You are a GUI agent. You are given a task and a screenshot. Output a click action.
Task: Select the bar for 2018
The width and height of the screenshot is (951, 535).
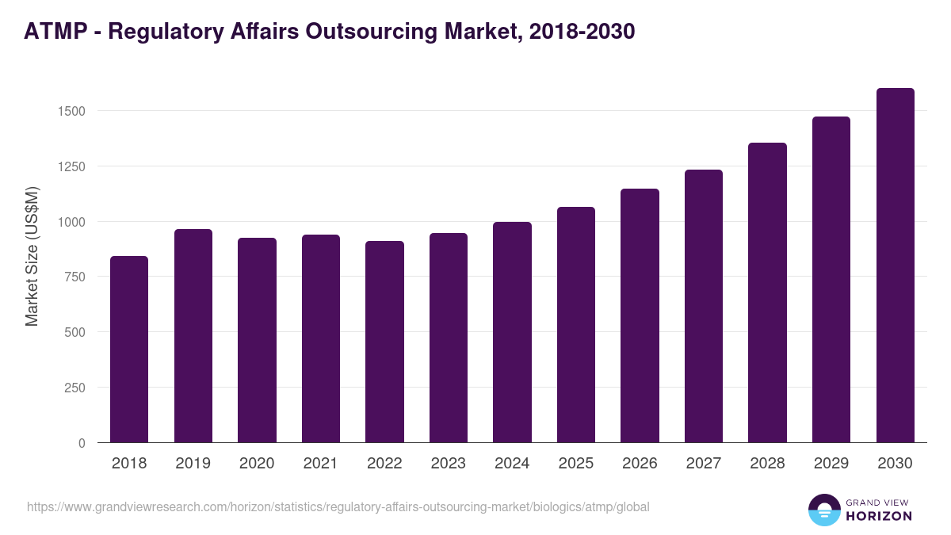point(129,349)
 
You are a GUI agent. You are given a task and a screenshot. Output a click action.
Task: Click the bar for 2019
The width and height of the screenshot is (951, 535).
point(193,335)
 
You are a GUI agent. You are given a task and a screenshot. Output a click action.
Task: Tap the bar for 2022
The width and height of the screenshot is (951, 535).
point(384,342)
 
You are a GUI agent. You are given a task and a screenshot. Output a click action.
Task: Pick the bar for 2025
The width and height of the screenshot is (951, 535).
point(576,324)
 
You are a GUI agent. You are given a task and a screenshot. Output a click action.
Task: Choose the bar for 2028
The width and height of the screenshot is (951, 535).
point(767,292)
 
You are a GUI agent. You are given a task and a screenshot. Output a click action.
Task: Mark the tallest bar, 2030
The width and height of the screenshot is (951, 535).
point(895,265)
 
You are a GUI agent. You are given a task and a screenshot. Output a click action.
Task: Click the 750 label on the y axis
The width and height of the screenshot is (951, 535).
point(74,277)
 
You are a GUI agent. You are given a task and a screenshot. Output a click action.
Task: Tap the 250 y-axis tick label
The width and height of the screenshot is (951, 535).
point(74,388)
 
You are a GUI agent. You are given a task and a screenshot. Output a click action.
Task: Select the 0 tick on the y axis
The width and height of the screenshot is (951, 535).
point(82,443)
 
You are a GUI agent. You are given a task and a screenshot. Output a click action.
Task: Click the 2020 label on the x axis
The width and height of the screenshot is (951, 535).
point(257,464)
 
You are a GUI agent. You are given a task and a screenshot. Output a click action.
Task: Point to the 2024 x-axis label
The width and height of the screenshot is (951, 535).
point(512,464)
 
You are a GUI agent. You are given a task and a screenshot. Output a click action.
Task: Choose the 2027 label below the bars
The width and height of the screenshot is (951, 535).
point(704,464)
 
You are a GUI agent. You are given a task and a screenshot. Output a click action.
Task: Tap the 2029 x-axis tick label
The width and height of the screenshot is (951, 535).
point(831,464)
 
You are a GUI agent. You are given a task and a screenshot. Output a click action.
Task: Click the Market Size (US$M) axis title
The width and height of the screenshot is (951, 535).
point(32,256)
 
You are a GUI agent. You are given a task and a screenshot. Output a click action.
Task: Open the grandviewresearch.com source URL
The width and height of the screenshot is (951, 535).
point(338,506)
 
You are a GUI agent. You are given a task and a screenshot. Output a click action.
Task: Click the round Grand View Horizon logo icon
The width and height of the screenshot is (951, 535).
point(823,510)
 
